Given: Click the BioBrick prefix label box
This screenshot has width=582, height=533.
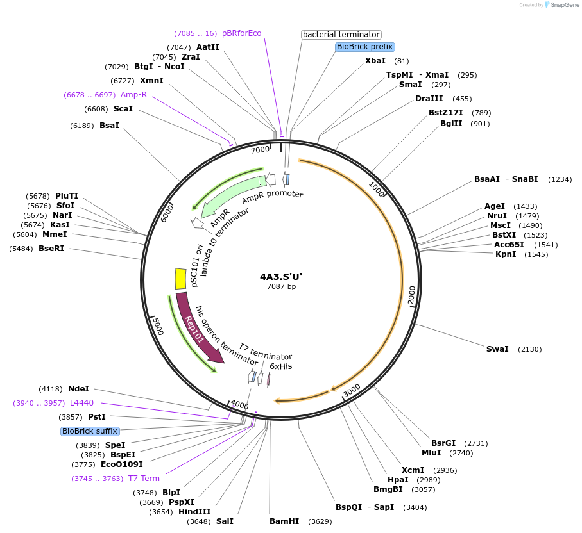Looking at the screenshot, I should click(364, 47).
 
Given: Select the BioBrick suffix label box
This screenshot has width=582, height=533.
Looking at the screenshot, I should click(90, 431).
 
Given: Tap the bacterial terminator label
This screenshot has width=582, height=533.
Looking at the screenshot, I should click(341, 35).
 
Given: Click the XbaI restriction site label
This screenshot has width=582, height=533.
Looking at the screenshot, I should click(375, 61).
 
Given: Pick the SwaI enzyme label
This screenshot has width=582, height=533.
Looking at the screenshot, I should click(497, 349).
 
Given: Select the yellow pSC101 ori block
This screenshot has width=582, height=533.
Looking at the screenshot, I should click(180, 279).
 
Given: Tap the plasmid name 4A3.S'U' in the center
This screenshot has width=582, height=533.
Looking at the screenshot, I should click(281, 277).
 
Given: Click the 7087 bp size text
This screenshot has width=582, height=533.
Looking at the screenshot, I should click(281, 286).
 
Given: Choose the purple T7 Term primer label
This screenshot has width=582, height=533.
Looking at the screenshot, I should click(144, 479).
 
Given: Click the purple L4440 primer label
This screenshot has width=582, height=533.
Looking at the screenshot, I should click(81, 403).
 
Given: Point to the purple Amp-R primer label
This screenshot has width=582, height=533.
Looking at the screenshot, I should click(133, 95).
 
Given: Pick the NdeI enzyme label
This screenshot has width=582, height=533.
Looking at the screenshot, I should click(78, 388).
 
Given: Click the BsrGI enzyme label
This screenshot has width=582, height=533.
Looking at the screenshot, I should click(443, 443).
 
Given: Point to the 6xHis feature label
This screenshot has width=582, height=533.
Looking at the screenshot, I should click(280, 366).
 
